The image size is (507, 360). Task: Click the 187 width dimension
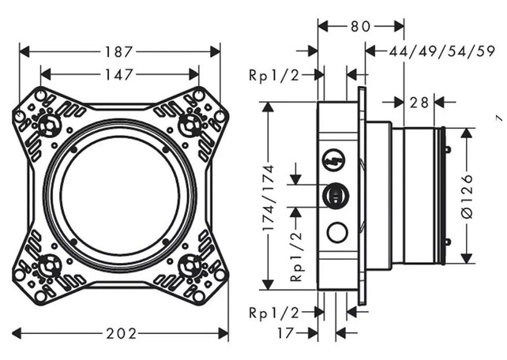click(119, 52)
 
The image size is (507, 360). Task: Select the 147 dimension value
click(119, 75)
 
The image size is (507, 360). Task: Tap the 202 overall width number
click(122, 333)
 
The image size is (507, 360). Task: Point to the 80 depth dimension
click(360, 27)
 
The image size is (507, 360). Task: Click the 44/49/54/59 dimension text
click(441, 51)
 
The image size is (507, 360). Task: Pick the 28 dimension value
click(419, 103)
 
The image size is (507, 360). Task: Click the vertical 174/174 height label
click(269, 198)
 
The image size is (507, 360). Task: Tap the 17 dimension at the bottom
click(285, 333)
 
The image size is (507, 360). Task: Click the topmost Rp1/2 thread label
click(274, 75)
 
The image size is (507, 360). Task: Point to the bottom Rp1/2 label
click(274, 313)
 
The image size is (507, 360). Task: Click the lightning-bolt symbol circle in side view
click(334, 159)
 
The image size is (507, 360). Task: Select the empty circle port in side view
click(337, 232)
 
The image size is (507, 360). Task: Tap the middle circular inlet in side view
click(336, 196)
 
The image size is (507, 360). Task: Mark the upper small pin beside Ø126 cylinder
click(448, 149)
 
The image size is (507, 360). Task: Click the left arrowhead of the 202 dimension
click(17, 333)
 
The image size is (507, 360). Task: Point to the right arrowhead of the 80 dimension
click(399, 27)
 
